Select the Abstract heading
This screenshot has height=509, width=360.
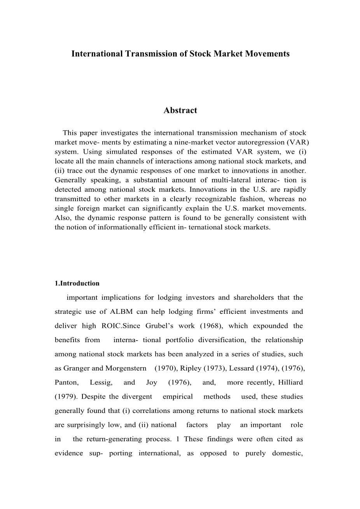point(180,110)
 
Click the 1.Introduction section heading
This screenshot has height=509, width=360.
point(77,283)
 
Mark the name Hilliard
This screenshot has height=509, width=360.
point(290,383)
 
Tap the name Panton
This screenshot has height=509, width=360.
point(66,383)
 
